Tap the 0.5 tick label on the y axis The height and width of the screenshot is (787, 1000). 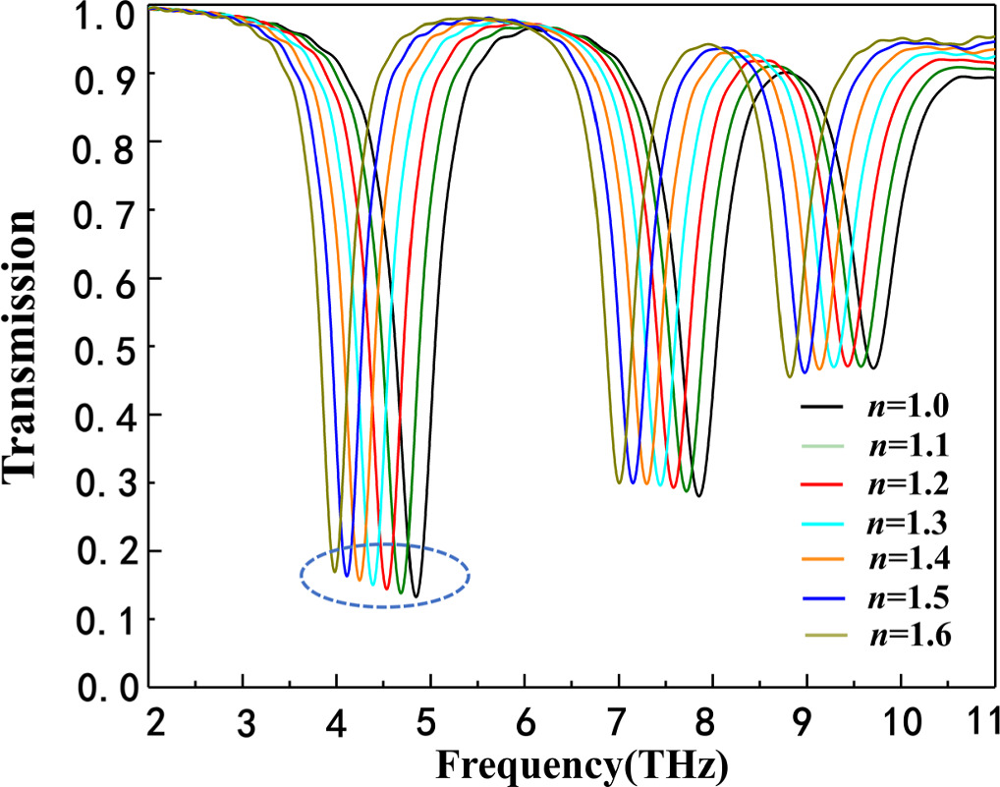(101, 347)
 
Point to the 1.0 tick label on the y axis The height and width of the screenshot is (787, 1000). (101, 15)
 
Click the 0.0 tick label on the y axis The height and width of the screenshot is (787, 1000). (101, 687)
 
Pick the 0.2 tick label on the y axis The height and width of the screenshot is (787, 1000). (101, 551)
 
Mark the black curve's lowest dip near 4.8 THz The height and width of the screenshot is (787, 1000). (416, 596)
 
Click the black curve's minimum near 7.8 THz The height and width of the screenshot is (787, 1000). (698, 496)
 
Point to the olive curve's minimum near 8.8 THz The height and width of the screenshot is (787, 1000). (789, 376)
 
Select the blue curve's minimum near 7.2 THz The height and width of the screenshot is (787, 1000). (632, 483)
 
